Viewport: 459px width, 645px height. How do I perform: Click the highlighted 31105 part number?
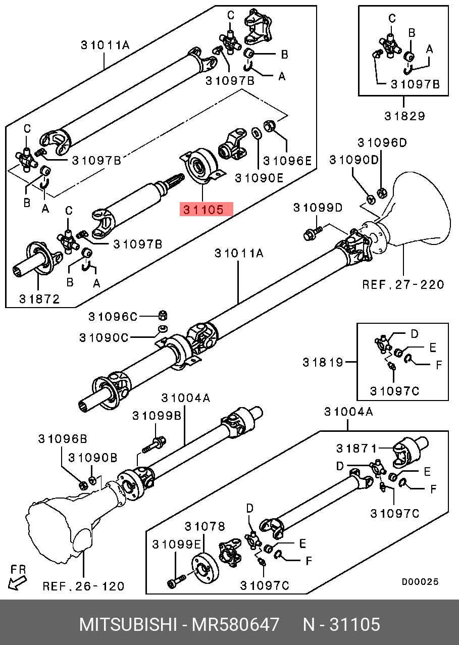(206, 210)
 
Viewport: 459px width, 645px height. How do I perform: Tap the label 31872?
(39, 299)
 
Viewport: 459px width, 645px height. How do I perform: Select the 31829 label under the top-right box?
(404, 116)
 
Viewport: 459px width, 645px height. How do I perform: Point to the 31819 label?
(323, 362)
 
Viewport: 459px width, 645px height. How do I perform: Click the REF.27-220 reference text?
(403, 284)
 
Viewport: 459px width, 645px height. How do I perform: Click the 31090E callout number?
(259, 177)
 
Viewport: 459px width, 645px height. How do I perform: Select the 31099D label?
(319, 208)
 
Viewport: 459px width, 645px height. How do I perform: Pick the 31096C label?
(113, 317)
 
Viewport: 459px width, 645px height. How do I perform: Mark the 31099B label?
(157, 415)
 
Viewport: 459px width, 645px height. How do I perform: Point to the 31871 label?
(357, 448)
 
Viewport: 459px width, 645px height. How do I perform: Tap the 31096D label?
(382, 143)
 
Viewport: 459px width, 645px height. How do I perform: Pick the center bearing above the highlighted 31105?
(200, 165)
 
